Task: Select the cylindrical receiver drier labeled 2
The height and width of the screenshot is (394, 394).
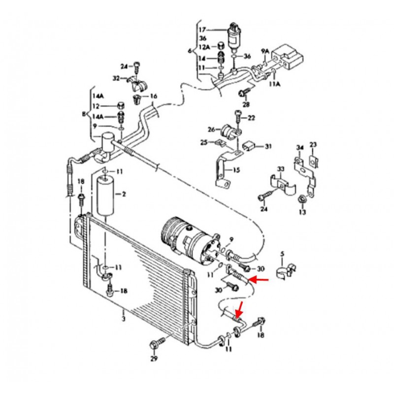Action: click(x=107, y=196)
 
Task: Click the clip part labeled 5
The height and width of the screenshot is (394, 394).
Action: click(x=285, y=269)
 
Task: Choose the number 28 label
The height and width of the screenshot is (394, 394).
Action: click(x=246, y=104)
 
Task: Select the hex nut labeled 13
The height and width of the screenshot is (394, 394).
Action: click(x=301, y=199)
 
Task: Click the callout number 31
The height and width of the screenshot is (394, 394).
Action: click(x=268, y=146)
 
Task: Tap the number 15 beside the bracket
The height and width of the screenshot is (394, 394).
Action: click(x=236, y=170)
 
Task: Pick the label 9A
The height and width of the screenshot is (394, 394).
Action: click(x=265, y=51)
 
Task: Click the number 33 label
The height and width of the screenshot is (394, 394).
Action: click(x=280, y=169)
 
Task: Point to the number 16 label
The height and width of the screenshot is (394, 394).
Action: click(x=153, y=96)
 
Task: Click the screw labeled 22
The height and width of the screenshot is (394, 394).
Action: click(x=238, y=117)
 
